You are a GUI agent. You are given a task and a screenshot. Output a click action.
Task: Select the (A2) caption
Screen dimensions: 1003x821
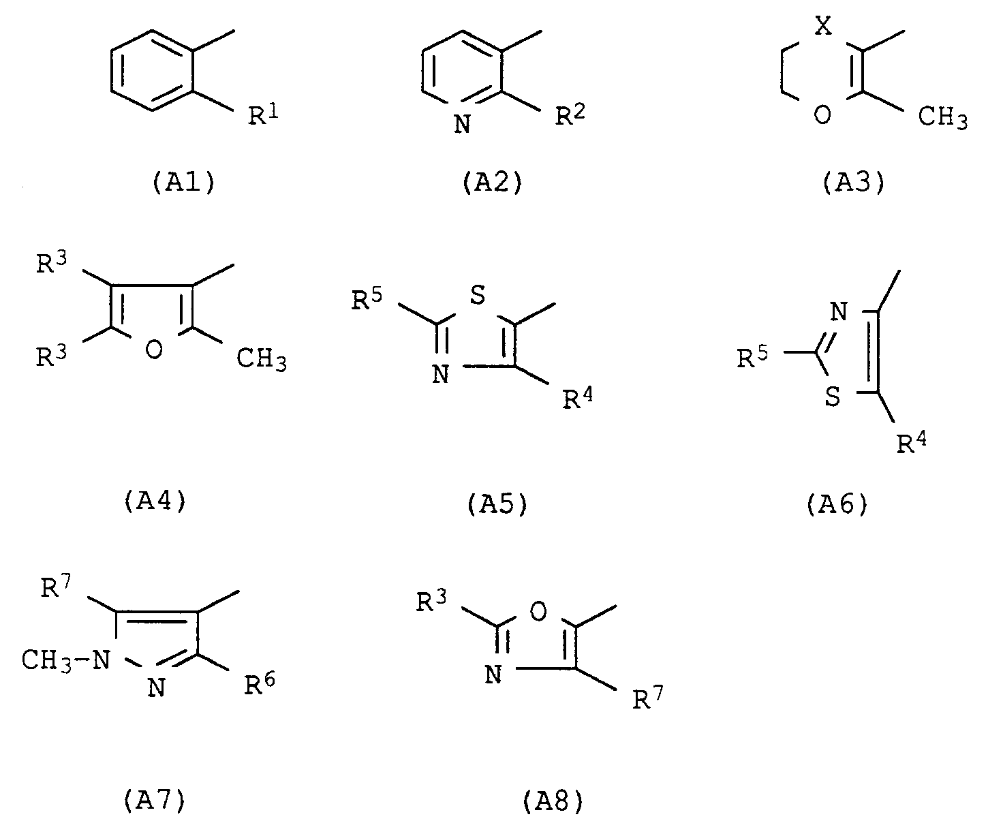tap(493, 184)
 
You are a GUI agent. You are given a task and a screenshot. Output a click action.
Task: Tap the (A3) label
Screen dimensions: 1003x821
tap(854, 184)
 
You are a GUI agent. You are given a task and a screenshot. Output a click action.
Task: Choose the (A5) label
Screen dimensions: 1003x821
tap(497, 504)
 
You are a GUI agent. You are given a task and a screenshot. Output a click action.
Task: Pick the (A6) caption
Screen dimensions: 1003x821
tap(837, 504)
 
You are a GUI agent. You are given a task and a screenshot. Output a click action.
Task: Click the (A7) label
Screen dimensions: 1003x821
tap(155, 801)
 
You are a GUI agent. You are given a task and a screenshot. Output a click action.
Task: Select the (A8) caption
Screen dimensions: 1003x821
tap(554, 802)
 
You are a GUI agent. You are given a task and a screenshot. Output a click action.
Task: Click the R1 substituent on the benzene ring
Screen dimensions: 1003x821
tap(262, 116)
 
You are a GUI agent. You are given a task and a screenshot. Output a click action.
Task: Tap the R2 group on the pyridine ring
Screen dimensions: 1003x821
tap(570, 116)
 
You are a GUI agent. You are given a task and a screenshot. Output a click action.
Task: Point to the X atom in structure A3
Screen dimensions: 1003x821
tap(824, 28)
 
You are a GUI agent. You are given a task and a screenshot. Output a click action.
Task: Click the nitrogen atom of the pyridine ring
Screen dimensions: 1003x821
tap(462, 125)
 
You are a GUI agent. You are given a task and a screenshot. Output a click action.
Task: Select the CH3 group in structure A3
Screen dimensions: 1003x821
tap(942, 117)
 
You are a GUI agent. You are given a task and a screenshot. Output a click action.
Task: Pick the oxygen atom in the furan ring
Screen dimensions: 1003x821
tap(155, 350)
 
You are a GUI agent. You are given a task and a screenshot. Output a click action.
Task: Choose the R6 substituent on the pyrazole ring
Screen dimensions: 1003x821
tap(261, 683)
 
